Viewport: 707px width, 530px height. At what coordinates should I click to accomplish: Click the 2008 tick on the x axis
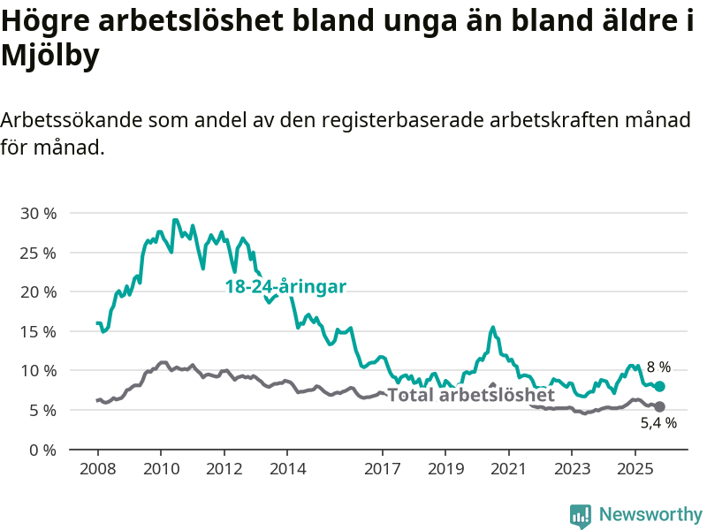point(97,466)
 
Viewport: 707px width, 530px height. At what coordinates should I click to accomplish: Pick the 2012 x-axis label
point(224,466)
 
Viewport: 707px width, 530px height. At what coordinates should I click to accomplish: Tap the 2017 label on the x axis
point(382,466)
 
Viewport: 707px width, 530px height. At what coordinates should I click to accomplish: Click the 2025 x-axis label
point(635,466)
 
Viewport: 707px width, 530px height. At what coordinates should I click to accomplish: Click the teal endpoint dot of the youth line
point(659,386)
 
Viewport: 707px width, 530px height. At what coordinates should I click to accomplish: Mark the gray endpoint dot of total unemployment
point(659,406)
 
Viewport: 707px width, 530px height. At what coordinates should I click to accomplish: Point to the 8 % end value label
point(658,367)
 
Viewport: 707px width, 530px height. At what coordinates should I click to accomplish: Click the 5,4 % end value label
point(658,423)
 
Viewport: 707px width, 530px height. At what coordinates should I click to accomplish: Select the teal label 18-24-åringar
point(285,286)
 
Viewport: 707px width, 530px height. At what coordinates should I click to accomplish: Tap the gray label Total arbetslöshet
point(471,395)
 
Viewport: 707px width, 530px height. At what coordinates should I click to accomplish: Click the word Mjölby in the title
point(49,56)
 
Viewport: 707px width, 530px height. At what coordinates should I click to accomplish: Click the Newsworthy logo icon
point(581,515)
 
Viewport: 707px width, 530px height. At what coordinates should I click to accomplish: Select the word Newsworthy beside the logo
point(650,514)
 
